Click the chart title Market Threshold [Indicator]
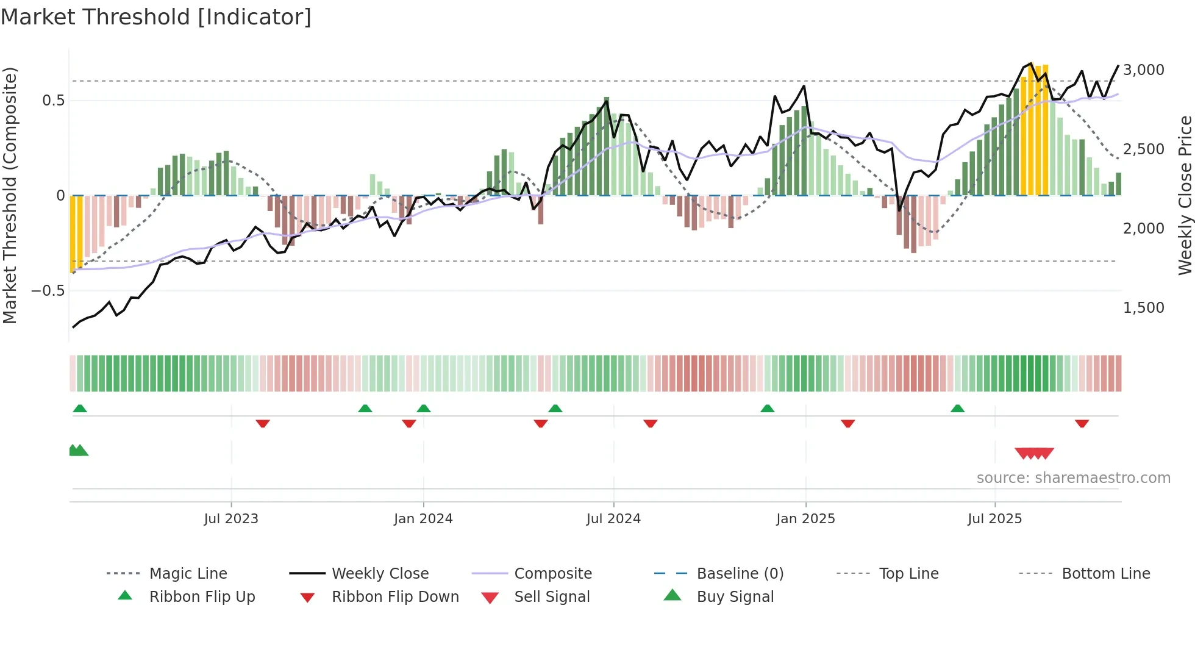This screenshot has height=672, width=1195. [156, 17]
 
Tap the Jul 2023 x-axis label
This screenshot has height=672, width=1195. [231, 519]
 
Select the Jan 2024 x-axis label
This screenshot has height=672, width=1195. [423, 519]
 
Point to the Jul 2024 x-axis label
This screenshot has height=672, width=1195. [613, 519]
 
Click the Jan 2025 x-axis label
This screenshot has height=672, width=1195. [805, 519]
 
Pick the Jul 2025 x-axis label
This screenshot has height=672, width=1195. [994, 519]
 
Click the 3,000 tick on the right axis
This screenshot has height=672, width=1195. [1144, 70]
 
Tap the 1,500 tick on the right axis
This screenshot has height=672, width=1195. [1144, 308]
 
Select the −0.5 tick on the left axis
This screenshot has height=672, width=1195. [48, 291]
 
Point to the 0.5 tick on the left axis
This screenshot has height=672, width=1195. [53, 101]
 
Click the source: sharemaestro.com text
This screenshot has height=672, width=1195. [1073, 478]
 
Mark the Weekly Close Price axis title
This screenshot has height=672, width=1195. [1185, 195]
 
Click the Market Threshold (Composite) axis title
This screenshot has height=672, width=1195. [10, 195]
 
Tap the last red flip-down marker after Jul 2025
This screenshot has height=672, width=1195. [1082, 423]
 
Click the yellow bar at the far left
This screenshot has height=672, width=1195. [76, 232]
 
